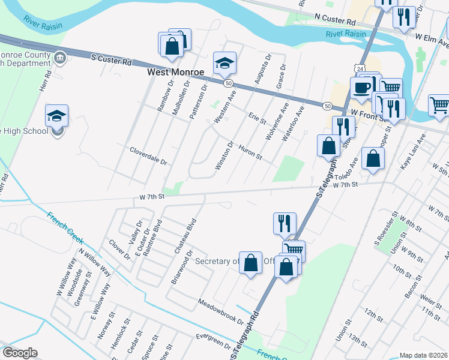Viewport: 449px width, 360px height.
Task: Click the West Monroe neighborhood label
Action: (x=176, y=72)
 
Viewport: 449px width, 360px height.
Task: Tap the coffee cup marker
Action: (x=361, y=88)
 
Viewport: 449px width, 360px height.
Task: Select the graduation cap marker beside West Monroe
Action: (x=224, y=62)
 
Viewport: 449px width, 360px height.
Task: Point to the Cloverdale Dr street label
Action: (x=148, y=154)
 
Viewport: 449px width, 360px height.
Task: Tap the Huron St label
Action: (x=250, y=152)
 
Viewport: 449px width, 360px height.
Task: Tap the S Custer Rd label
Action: (x=111, y=60)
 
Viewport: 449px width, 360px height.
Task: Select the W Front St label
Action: (x=367, y=112)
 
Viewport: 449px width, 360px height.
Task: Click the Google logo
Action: (x=20, y=353)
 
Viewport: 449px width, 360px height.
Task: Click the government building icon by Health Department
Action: (x=59, y=58)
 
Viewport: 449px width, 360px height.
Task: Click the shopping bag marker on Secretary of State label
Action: (x=250, y=262)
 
